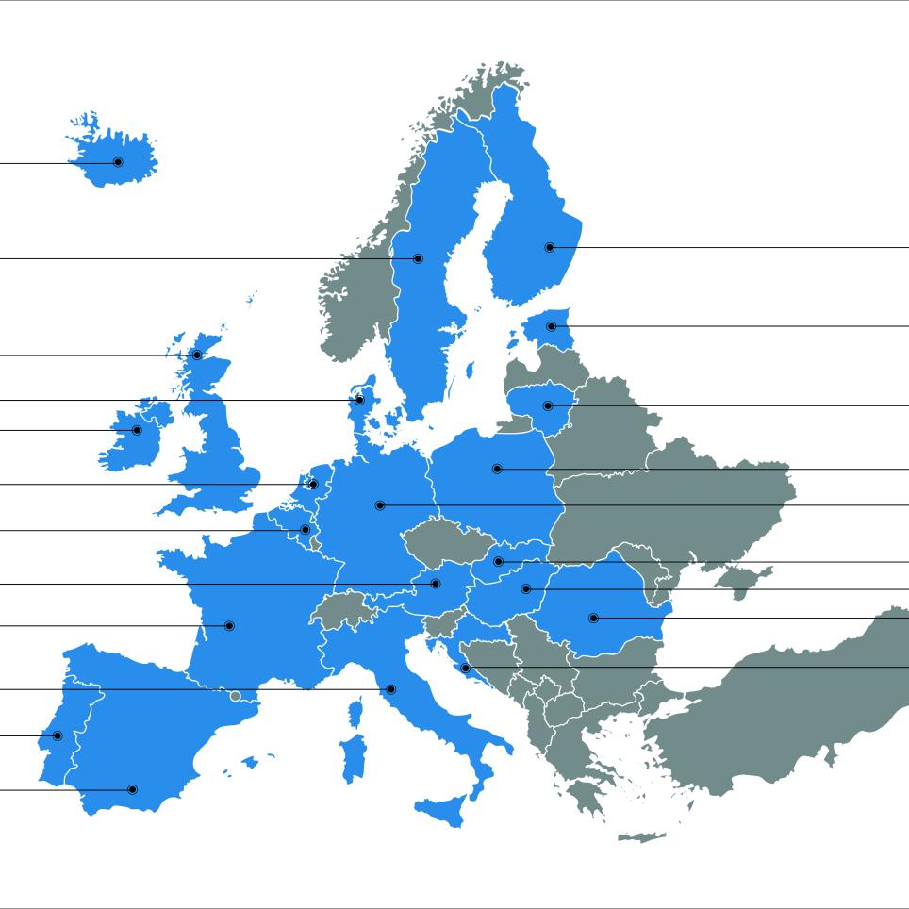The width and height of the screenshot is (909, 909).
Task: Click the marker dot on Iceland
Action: (118, 162)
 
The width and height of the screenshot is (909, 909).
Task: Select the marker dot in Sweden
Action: (419, 258)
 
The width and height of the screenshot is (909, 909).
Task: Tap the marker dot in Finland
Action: (550, 247)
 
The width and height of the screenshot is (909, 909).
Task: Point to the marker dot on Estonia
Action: (552, 326)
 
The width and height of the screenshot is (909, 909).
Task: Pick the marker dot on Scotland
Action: (197, 355)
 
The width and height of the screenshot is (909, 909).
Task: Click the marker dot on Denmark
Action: (359, 400)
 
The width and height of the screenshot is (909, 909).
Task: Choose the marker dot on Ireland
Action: (137, 430)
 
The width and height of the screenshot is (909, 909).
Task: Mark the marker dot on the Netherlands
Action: (313, 485)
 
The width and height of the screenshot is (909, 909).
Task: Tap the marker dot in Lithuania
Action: (548, 405)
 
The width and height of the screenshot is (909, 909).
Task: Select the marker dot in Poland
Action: (497, 469)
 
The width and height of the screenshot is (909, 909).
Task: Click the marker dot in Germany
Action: (380, 505)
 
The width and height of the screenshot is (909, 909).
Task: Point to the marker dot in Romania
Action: (593, 619)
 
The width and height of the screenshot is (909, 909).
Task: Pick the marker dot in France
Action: (229, 625)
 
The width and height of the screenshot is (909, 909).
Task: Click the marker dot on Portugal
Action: (58, 735)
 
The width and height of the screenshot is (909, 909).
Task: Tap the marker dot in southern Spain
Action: (132, 789)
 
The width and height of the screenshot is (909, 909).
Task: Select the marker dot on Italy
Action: (391, 689)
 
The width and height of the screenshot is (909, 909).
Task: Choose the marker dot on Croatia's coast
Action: (465, 668)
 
